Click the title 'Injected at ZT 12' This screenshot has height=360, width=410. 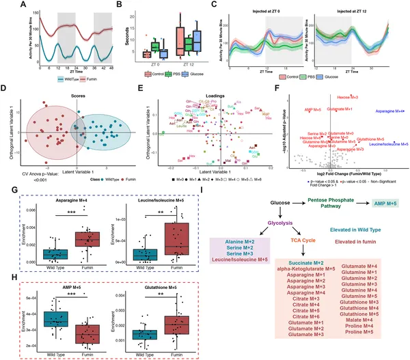pyautogui.click(x=359, y=9)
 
